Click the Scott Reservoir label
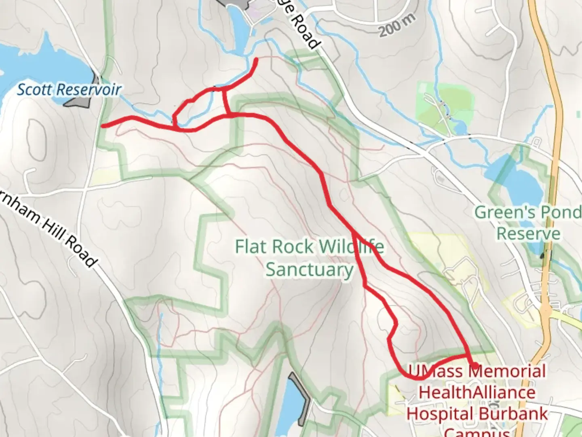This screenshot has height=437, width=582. [69, 89]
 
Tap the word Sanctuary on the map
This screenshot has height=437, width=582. [309, 269]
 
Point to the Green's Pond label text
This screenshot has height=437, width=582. [527, 212]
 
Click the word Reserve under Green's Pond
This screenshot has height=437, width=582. [528, 234]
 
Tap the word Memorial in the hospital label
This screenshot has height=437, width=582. [508, 371]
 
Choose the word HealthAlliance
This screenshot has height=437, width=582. [477, 392]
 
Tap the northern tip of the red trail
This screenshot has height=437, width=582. [256, 60]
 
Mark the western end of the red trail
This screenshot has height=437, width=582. [103, 126]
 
